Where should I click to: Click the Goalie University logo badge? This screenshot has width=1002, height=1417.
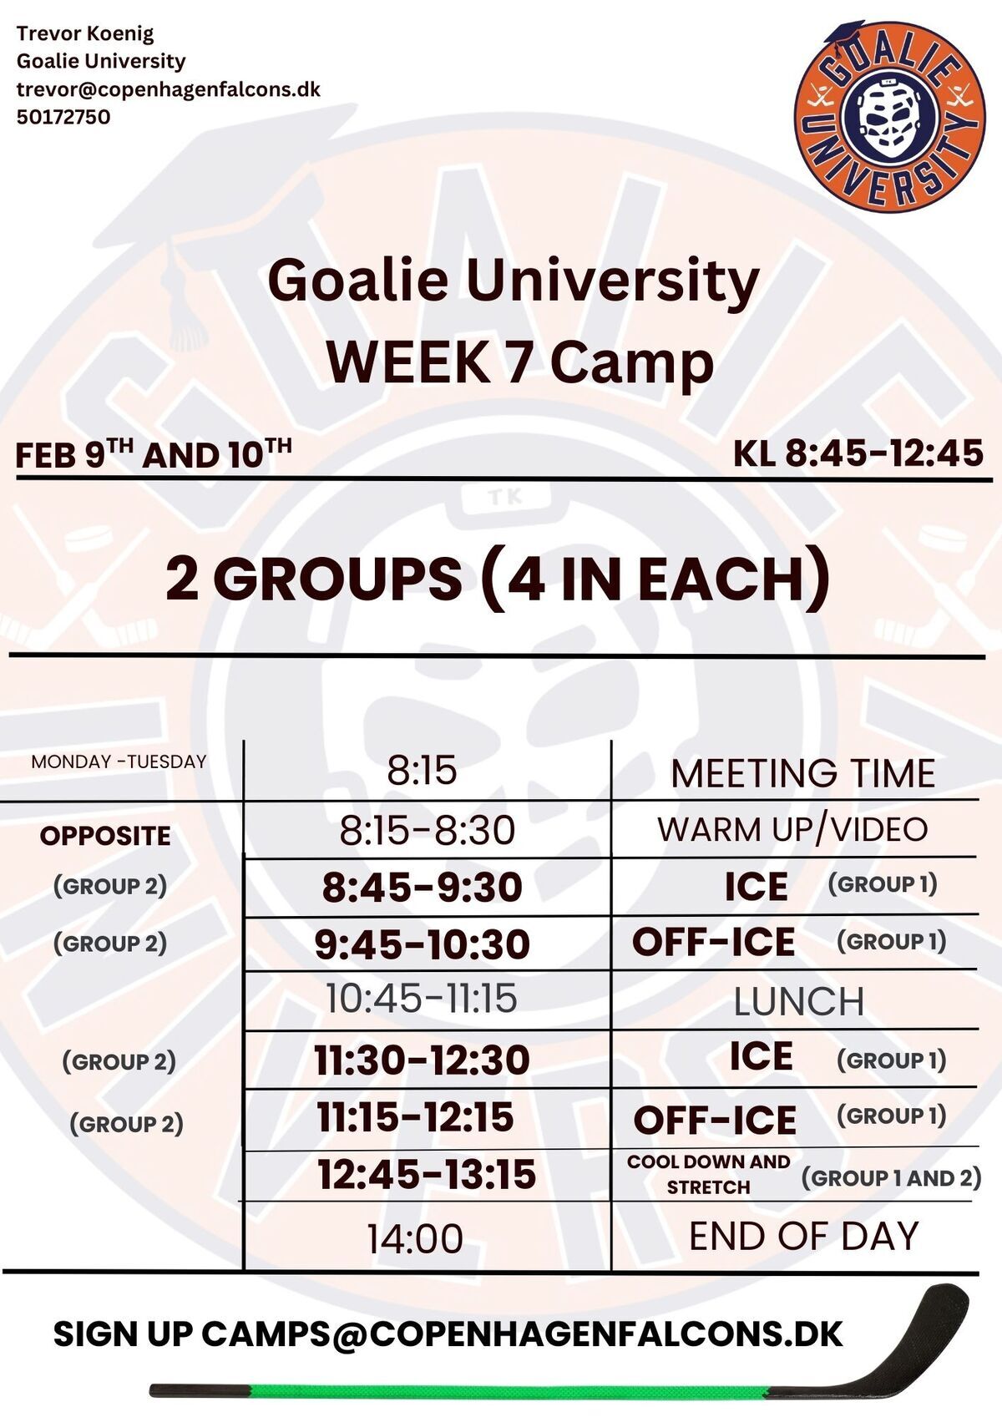click(889, 117)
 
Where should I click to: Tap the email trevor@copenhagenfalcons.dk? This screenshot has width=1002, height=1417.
click(169, 89)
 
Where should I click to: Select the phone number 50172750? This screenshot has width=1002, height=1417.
click(63, 117)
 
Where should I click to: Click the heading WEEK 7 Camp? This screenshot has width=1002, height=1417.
click(520, 362)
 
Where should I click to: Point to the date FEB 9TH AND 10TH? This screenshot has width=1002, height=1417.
click(154, 453)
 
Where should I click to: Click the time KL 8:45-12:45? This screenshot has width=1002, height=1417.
click(858, 453)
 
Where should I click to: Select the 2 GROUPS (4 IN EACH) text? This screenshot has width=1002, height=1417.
click(497, 577)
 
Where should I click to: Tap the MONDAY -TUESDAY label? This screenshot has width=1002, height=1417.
click(119, 761)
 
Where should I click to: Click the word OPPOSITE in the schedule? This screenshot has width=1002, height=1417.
click(105, 836)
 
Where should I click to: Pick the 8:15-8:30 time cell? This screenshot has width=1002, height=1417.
click(427, 830)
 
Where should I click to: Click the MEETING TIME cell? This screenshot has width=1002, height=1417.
click(802, 773)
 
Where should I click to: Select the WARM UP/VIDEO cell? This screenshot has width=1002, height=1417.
click(792, 829)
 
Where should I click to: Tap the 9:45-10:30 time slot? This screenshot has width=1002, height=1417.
click(422, 944)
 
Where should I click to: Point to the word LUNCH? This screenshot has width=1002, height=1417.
click(799, 1001)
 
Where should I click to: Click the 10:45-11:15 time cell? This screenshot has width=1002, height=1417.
click(422, 998)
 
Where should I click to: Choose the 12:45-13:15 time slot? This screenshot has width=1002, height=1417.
click(427, 1174)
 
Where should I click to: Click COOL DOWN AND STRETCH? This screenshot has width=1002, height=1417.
click(708, 1174)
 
